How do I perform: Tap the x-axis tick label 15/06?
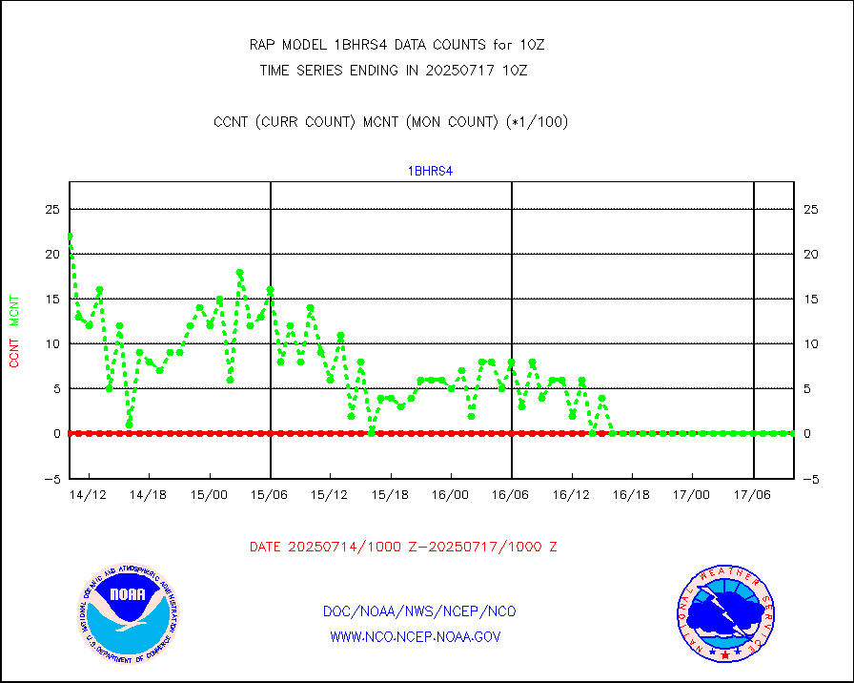(271, 495)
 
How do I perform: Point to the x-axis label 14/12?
(90, 495)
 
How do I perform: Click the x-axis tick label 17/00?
(692, 495)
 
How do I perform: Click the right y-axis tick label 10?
(810, 343)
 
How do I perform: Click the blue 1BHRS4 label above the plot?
(430, 172)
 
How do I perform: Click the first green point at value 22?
(70, 237)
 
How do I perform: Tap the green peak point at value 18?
(240, 273)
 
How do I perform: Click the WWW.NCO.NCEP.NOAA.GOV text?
(416, 636)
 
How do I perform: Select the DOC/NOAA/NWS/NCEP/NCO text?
(419, 611)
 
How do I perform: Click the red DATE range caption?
(403, 548)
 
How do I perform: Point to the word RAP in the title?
(264, 45)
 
